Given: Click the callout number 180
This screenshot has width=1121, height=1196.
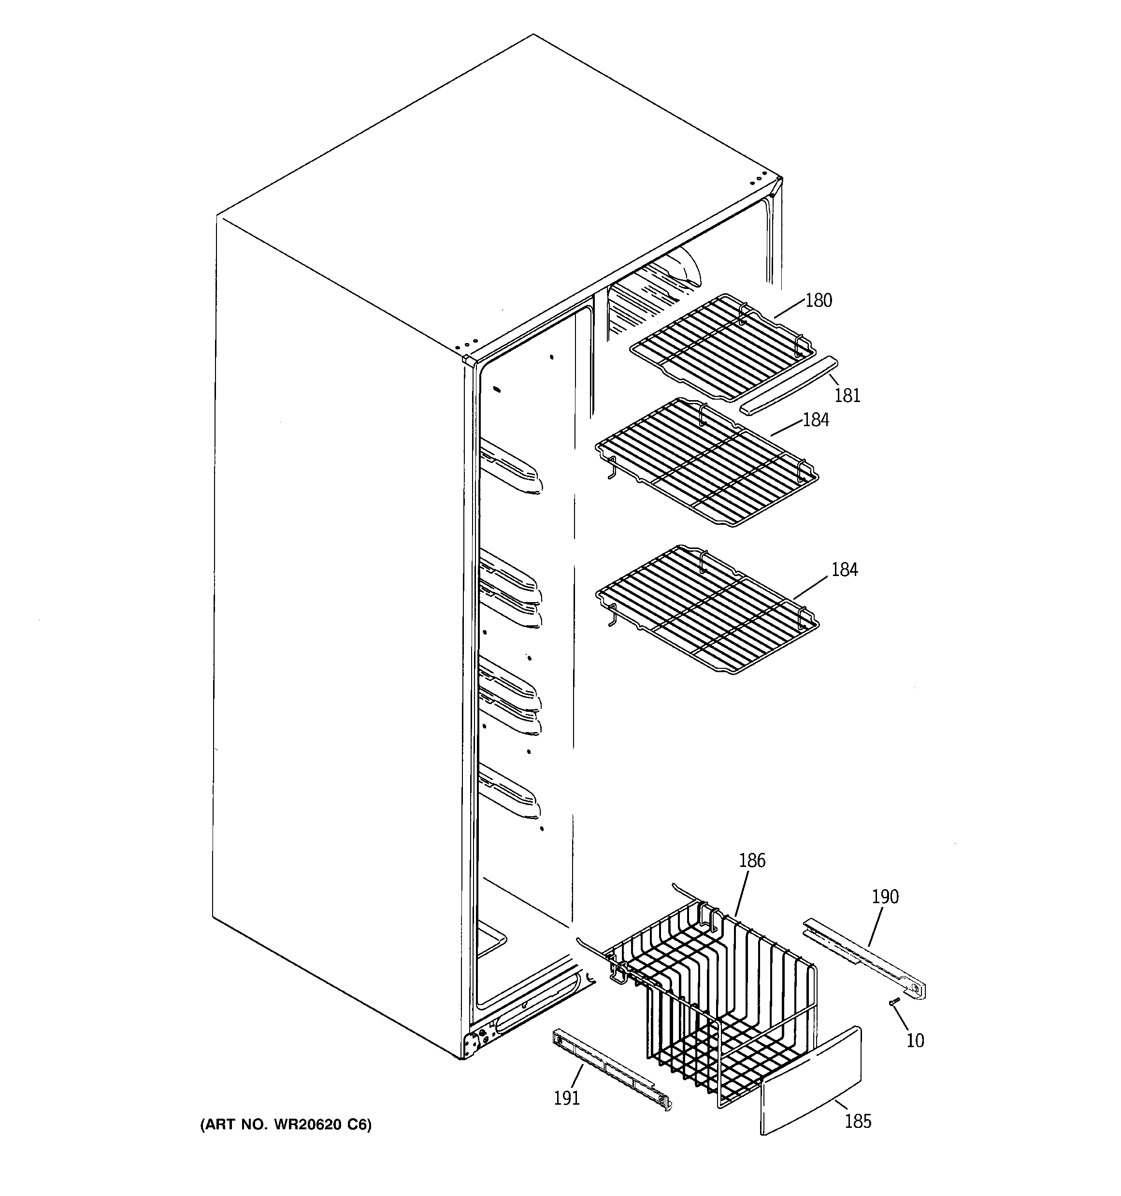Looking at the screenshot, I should pos(819,300).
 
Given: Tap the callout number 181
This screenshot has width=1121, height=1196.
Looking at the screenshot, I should pos(847,395).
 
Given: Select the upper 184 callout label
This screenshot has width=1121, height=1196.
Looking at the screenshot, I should pos(815,420).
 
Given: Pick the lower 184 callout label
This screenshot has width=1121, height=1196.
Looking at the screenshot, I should pos(844,569).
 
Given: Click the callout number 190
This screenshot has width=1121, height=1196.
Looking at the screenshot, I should pos(885,897).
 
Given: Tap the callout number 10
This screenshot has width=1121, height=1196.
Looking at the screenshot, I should pos(915,1040).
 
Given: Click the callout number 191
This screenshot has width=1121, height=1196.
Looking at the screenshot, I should pos(566,1098).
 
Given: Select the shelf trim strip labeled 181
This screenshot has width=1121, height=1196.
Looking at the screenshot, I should pos(788,393).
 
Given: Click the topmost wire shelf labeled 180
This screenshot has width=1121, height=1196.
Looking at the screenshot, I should pos(722,346).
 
